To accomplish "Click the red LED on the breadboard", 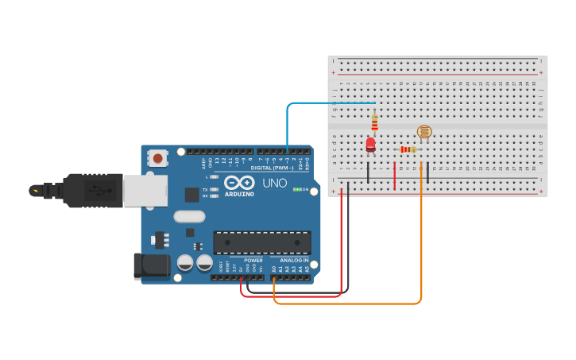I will point(370,144).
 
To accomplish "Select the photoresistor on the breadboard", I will point(423,133).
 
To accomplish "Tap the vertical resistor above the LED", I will point(374,122).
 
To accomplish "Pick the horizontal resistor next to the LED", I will point(408,149).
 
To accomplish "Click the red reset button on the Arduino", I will point(158,158).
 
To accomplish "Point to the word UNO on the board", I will point(274,183).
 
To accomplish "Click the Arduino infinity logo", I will point(239,182).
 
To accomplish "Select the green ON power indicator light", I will point(296,189).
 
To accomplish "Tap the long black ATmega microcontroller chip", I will point(261,242).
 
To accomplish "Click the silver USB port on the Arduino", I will point(144,191).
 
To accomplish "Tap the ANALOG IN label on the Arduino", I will point(294,260).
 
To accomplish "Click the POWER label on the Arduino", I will point(253,260).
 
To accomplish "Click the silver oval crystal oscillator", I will point(189,216).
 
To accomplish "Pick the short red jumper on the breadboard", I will point(395,176).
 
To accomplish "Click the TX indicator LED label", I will point(205,189).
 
